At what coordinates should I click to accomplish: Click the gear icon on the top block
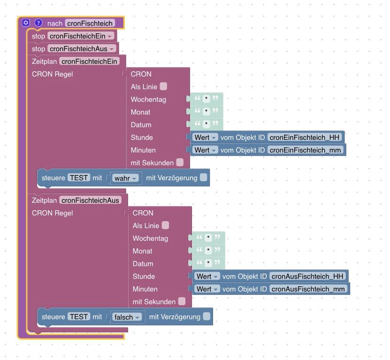[26, 23]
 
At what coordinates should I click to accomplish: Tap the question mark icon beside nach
[38, 23]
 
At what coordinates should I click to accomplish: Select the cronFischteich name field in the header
[90, 23]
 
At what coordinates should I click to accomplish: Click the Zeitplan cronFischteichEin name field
[89, 61]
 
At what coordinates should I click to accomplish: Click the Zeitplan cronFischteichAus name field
[90, 200]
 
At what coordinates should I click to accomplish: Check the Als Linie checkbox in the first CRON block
[163, 86]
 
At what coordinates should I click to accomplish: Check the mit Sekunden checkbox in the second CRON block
[182, 301]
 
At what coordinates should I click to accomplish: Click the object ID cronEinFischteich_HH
[306, 137]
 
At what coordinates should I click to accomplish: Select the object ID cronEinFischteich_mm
[306, 150]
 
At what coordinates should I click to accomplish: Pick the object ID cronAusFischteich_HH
[308, 276]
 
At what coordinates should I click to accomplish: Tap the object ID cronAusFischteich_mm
[308, 289]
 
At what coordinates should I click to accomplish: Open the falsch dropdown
[127, 317]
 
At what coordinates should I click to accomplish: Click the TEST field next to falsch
[79, 317]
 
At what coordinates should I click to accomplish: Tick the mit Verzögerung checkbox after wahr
[203, 178]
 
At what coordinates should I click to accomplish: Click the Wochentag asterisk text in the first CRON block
[206, 99]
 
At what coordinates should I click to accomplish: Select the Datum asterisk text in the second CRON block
[207, 263]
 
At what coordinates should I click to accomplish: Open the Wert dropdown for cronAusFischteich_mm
[207, 289]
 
